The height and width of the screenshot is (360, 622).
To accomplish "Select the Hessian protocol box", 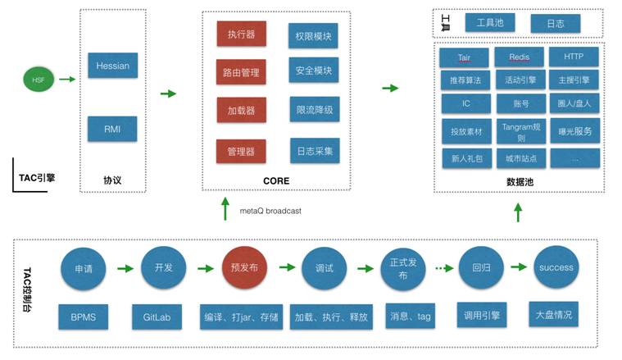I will point(111,64).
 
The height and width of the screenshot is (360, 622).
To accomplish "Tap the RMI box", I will point(111,128).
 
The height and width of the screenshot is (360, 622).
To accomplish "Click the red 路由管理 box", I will point(241,72).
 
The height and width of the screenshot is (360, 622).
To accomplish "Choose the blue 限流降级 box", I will point(313,110).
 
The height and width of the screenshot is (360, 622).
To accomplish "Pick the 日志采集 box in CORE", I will point(313,150).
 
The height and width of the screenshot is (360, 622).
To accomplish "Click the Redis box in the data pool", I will point(520,57).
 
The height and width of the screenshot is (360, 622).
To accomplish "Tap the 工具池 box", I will point(490,23).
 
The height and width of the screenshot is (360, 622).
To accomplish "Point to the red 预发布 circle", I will point(245,267).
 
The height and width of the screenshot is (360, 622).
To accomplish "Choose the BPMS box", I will point(83,316).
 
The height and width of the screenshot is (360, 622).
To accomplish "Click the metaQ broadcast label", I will point(270,211).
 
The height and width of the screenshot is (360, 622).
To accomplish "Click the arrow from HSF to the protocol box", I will point(67,80).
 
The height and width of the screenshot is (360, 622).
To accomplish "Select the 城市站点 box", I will point(520,157).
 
